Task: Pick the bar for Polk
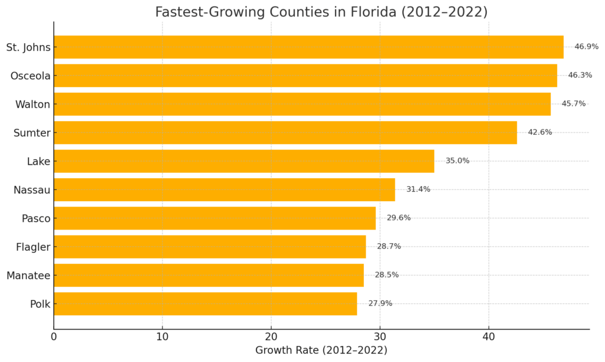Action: point(205,303)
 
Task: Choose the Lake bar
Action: point(244,161)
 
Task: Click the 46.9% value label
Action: point(586,47)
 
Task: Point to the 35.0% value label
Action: point(457,161)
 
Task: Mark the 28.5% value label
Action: point(386,275)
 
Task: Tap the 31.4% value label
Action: point(418,189)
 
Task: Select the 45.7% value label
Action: point(573,104)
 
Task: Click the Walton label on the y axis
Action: point(32,104)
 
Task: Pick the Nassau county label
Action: point(31,190)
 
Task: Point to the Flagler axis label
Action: point(33,247)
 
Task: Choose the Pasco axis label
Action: point(35,218)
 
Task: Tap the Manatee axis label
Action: point(28,275)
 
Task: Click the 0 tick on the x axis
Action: point(54,337)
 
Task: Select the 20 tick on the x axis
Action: point(271,337)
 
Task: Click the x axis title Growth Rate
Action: point(321,350)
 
